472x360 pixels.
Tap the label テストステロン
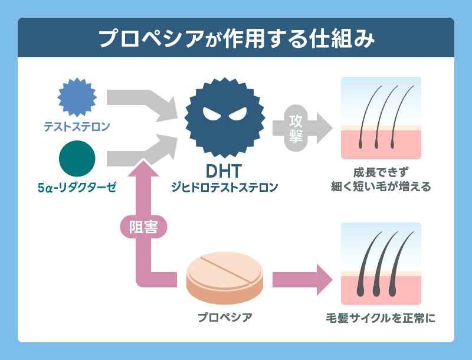pyautogui.click(x=77, y=126)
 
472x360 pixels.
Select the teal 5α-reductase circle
pyautogui.click(x=77, y=158)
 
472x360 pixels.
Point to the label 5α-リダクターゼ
pyautogui.click(x=77, y=188)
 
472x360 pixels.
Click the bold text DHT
pyautogui.click(x=224, y=171)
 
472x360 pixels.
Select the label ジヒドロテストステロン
pyautogui.click(x=224, y=188)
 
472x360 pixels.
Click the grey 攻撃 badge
pyautogui.click(x=296, y=127)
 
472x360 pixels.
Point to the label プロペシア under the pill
pyautogui.click(x=225, y=318)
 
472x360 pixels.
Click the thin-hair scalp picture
pyautogui.click(x=381, y=118)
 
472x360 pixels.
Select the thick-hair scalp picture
pyautogui.click(x=381, y=263)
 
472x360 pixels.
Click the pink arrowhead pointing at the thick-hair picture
pyautogui.click(x=323, y=279)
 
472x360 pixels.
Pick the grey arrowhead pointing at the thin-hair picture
pyautogui.click(x=323, y=127)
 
